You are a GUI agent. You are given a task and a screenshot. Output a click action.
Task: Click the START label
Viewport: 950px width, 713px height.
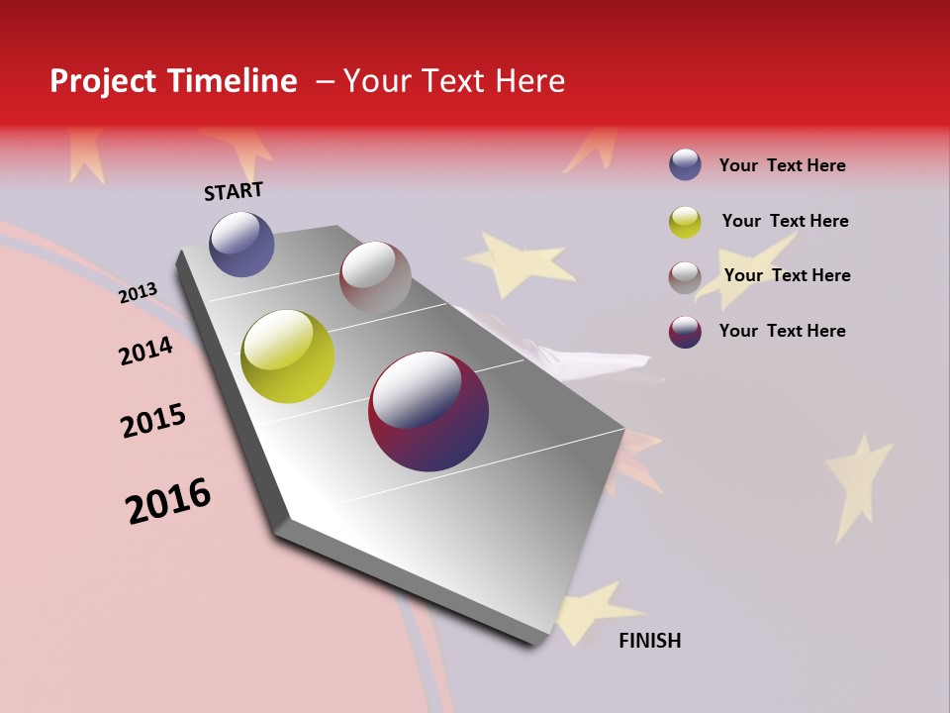tap(234, 191)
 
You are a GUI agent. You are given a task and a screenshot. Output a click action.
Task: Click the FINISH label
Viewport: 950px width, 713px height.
tap(649, 641)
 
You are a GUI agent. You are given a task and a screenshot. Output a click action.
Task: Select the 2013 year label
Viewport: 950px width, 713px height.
tap(139, 292)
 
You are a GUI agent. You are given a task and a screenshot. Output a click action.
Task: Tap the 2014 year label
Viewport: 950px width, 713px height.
tap(145, 351)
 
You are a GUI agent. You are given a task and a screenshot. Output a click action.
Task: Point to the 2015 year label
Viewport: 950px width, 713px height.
tap(153, 420)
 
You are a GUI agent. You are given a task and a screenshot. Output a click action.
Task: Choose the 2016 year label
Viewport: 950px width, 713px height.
tap(168, 500)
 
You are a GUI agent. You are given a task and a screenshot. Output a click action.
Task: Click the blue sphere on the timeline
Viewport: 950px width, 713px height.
tap(241, 244)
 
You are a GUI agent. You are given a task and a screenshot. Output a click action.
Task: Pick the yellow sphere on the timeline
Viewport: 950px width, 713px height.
tap(287, 356)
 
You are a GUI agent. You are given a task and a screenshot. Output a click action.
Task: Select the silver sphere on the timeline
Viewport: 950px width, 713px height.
tap(375, 277)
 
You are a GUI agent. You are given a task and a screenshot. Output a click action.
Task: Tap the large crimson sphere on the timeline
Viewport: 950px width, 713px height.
tap(428, 411)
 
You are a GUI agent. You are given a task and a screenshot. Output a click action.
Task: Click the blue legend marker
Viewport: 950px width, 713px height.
tap(685, 164)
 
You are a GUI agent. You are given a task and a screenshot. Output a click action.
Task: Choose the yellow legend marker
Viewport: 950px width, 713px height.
tap(685, 222)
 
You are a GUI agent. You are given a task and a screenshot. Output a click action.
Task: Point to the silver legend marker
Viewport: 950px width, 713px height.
tap(685, 277)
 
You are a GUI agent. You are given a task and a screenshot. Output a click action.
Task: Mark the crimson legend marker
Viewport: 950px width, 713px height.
tap(685, 332)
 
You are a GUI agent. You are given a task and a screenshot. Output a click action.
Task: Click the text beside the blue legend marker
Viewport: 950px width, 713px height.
tap(782, 165)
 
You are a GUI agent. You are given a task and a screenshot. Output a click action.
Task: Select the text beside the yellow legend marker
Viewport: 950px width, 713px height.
tap(785, 221)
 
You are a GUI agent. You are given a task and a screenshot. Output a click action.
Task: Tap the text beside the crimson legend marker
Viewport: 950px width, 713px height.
tap(782, 331)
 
